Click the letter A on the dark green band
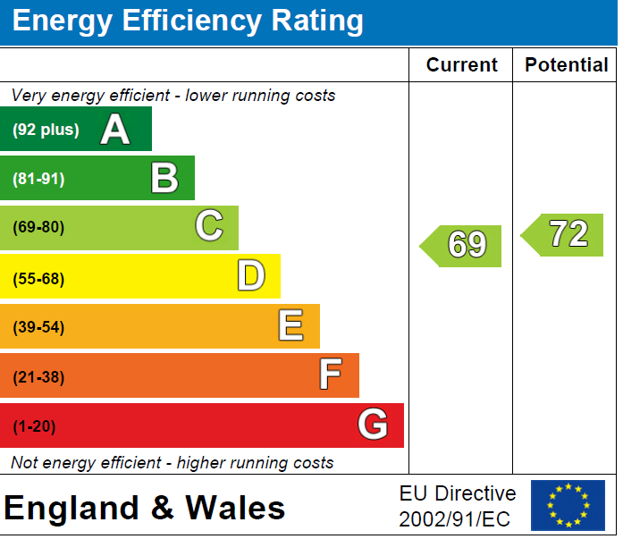coord(115,130)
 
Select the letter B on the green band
coord(164,178)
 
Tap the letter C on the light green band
coord(208,227)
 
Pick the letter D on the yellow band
coord(251,277)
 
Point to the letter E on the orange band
coord(290,326)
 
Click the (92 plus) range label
coord(46,131)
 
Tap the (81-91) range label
coord(39,179)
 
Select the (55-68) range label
coord(39,278)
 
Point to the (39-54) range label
coord(39,327)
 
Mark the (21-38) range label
coord(39,377)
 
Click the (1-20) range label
coord(34,426)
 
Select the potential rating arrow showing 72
coord(562,235)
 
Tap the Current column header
coord(461,65)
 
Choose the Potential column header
coord(566,65)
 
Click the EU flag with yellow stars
coord(568,506)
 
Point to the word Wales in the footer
coord(235,509)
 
